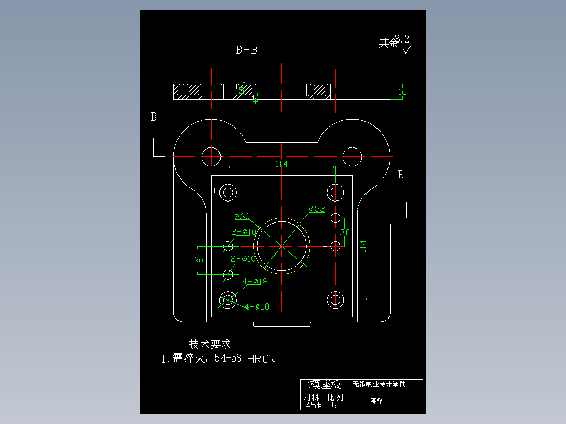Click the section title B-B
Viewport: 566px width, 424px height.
(x=246, y=50)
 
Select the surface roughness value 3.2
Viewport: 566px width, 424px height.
(x=403, y=39)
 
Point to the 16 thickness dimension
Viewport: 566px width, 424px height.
(x=402, y=92)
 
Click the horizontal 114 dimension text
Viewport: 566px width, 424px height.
(x=281, y=164)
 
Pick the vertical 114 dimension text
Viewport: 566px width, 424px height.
(x=363, y=247)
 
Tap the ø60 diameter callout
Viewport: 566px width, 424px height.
(x=242, y=216)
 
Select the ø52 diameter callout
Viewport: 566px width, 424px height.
(x=317, y=209)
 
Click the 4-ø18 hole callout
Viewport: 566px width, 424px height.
(x=255, y=282)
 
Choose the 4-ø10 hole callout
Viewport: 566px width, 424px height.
(x=257, y=306)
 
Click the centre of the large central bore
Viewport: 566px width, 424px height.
(x=282, y=246)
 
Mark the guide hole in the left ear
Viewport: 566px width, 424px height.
(x=211, y=156)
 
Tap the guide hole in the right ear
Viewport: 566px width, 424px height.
(x=352, y=156)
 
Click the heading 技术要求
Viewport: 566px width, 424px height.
(x=210, y=344)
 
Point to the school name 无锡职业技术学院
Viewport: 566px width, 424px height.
(x=379, y=385)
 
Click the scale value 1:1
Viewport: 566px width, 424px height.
(x=337, y=405)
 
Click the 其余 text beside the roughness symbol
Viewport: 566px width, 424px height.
(x=388, y=43)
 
